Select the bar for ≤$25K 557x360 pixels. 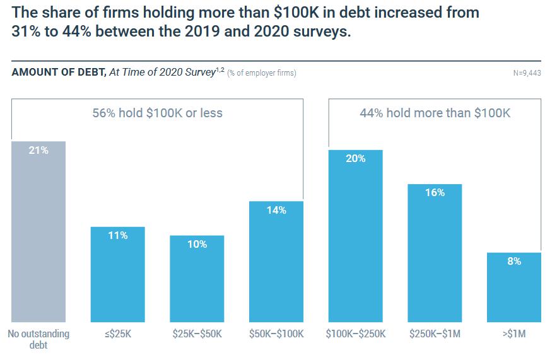(117, 274)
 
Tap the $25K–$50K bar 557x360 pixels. (197, 279)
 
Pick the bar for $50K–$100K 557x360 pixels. (276, 262)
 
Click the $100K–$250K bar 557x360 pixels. (355, 236)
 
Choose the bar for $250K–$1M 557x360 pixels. (435, 253)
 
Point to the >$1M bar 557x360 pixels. (513, 287)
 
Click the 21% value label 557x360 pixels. (38, 151)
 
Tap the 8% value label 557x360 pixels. (513, 261)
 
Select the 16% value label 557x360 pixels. (435, 193)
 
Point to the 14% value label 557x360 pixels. (276, 210)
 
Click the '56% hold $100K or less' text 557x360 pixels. (158, 113)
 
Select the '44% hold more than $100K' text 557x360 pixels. (435, 113)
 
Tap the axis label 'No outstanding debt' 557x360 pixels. (38, 339)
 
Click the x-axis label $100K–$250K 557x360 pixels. (355, 334)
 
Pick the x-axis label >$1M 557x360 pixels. (513, 334)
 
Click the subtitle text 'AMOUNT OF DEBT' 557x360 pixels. (58, 72)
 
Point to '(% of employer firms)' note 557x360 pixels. (262, 73)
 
